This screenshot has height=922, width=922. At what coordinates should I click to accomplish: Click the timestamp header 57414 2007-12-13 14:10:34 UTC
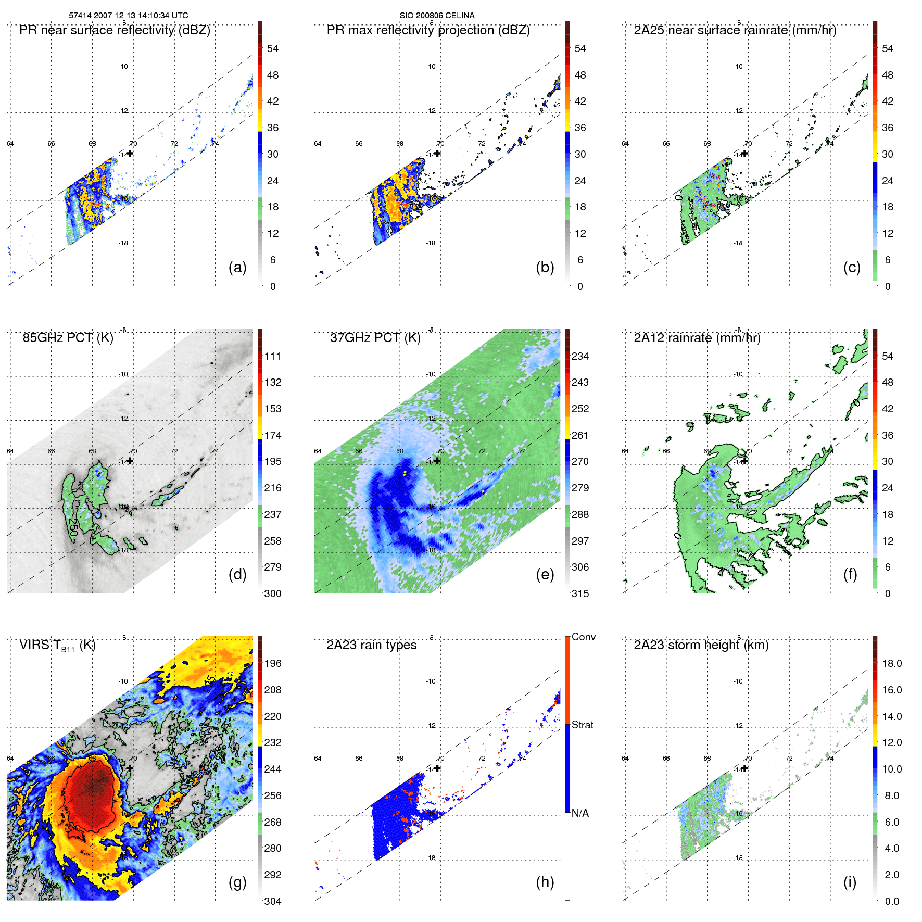coord(129,16)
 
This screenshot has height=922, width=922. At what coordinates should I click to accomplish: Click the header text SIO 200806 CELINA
coord(437,16)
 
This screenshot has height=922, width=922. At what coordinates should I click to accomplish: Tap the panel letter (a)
coord(237,267)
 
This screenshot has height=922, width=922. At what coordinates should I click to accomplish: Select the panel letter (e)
coord(545,574)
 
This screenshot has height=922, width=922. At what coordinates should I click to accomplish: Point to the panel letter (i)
coord(850,882)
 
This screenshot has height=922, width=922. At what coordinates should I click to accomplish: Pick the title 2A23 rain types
coord(371,645)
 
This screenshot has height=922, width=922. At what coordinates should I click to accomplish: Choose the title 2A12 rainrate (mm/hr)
coord(697,338)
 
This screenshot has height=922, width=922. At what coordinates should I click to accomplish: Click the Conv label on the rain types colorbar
coord(583,637)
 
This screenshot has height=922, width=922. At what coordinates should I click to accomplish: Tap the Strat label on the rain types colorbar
coord(582,725)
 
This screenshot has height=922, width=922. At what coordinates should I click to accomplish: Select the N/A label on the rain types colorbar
coord(580,813)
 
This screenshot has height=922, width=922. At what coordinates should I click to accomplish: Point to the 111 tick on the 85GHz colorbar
coord(273,357)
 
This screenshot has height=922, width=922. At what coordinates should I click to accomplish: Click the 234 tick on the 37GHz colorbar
coord(580,357)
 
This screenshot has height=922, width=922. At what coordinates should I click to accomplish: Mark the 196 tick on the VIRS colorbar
coord(273,664)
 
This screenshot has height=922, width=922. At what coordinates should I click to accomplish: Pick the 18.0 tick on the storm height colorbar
coord(891,664)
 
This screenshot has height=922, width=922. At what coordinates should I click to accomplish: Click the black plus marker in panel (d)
coord(130,461)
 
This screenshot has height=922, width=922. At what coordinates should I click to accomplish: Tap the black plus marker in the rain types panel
coord(437,768)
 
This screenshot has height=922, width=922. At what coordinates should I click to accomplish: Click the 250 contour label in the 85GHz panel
coord(73,527)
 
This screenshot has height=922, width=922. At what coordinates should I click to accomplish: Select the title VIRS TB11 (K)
coord(57,646)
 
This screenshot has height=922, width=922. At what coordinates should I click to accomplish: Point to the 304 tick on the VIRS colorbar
coord(273,901)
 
